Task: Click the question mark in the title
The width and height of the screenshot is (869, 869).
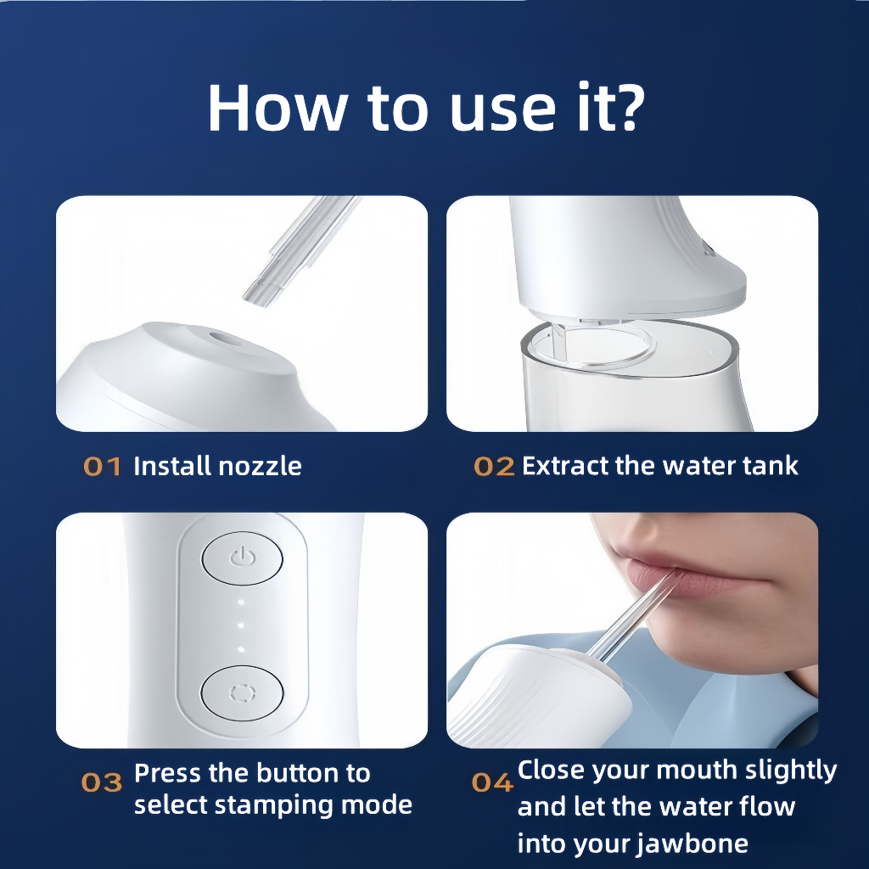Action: coord(627,106)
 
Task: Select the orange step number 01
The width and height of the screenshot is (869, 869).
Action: coord(102,467)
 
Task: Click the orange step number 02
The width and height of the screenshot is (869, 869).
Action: coord(494,467)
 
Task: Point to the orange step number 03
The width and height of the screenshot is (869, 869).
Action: coord(102,782)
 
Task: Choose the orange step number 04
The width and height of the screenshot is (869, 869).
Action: coord(492,782)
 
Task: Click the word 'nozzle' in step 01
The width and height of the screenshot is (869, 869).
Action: coord(260,466)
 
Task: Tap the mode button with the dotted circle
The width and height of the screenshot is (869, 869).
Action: coord(242,693)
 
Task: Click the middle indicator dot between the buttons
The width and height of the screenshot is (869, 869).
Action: coord(241,625)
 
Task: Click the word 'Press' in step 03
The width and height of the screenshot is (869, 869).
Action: coord(169,773)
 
